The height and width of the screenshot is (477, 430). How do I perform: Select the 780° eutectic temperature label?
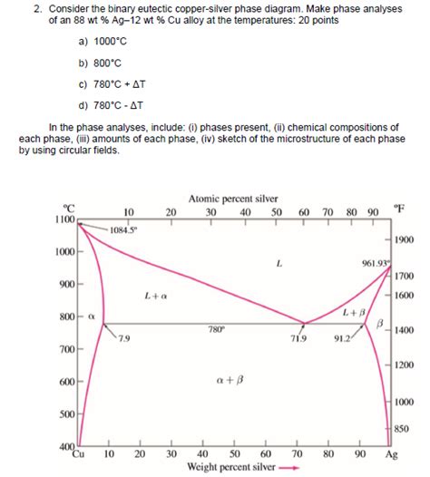[215, 329]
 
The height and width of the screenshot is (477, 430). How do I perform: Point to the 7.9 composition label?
[122, 339]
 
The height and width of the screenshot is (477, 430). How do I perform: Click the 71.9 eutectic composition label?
[299, 338]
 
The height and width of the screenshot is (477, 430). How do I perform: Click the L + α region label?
[156, 296]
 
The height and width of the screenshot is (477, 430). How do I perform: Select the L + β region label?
[355, 312]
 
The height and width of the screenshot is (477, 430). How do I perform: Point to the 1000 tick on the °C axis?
[64, 251]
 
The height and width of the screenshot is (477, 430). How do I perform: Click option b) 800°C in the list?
[100, 64]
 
